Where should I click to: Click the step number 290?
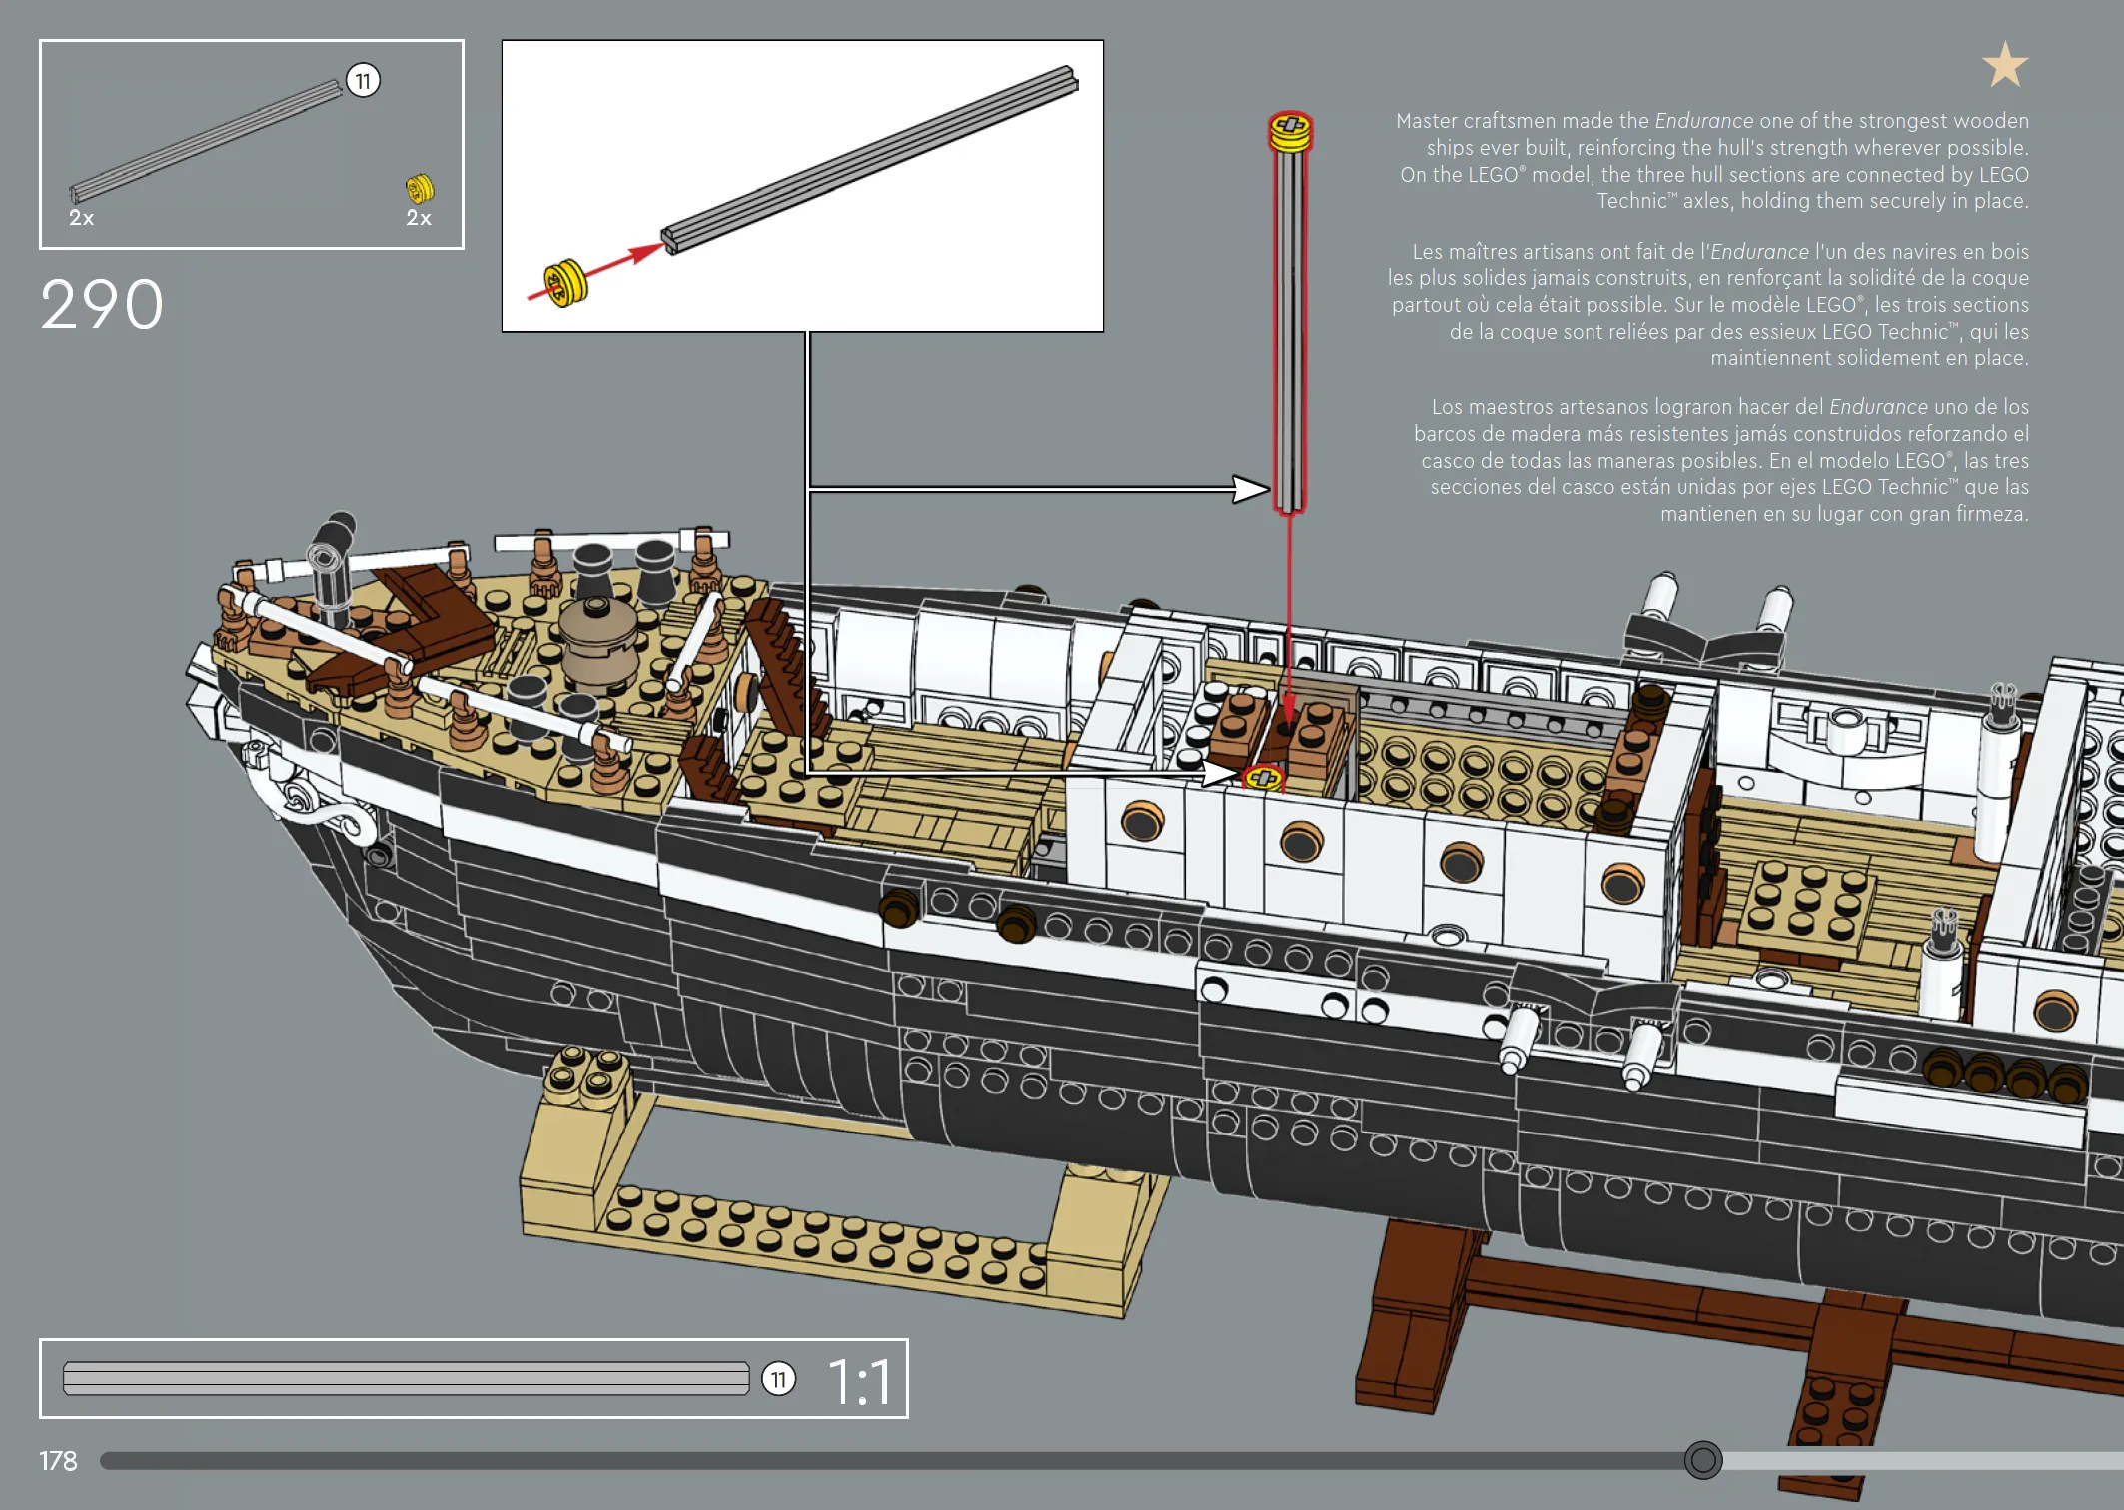[x=102, y=304]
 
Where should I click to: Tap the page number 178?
[x=58, y=1461]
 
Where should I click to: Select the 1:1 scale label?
[x=859, y=1382]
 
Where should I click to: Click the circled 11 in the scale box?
[x=779, y=1379]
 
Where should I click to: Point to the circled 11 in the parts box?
[x=363, y=80]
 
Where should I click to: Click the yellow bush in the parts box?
[x=420, y=188]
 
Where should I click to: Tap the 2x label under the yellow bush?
[x=419, y=218]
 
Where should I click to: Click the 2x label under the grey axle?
[x=81, y=218]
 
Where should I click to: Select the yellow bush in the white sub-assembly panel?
[x=565, y=283]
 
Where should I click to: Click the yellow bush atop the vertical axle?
[x=1290, y=132]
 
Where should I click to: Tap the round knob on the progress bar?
[x=1703, y=1460]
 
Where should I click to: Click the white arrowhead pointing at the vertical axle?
[x=1251, y=489]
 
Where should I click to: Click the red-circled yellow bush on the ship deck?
[x=1264, y=777]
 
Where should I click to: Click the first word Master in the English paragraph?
[x=1426, y=121]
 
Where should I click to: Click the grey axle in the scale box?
[x=406, y=1378]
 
